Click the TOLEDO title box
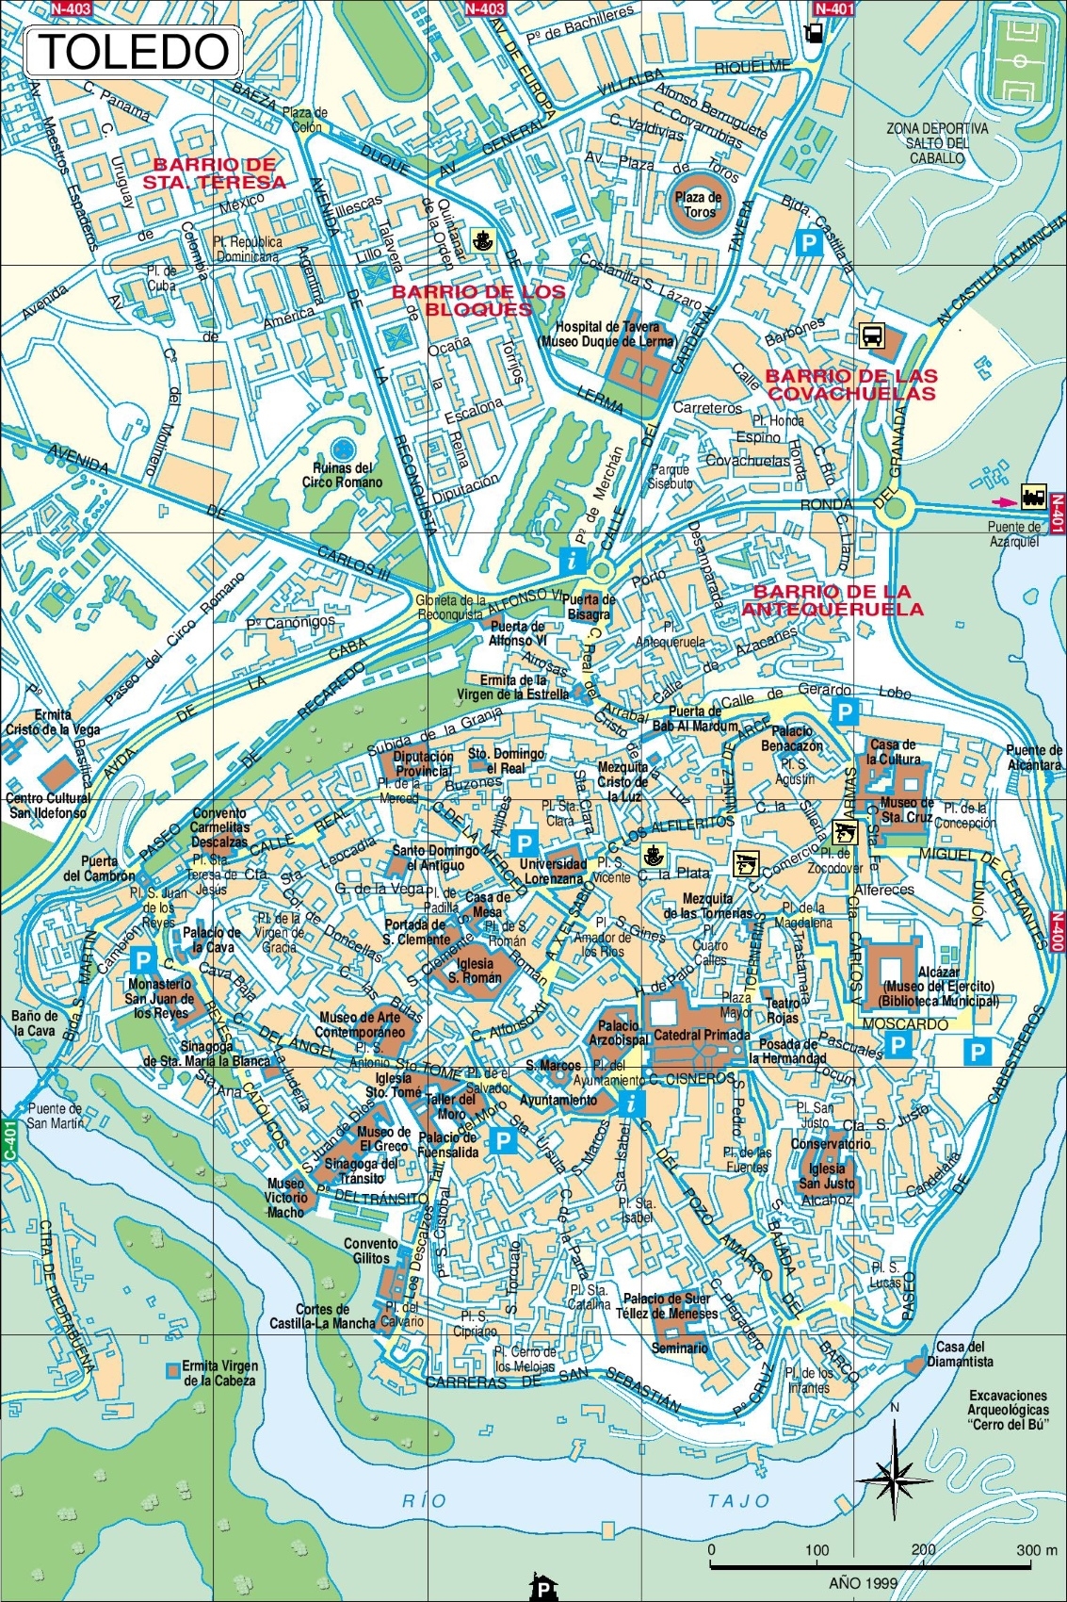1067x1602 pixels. pos(133,53)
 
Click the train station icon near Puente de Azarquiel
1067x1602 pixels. pos(1033,497)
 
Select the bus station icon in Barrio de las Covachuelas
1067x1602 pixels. pos(871,335)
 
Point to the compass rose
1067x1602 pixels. pos(895,1472)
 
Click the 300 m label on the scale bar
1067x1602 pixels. pos(1036,1549)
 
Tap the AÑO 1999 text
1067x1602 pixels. pos(863,1582)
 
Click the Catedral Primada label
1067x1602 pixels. pos(702,1035)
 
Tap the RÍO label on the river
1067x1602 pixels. pos(424,1500)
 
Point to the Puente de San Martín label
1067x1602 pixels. pos(55,1116)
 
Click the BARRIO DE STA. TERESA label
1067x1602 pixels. pos(215,173)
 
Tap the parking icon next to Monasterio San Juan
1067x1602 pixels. pos(143,960)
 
